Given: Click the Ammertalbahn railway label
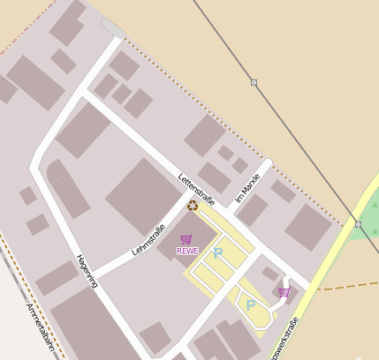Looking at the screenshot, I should [40, 327].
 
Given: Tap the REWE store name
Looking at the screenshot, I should [187, 251].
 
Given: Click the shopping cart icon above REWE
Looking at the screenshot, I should [186, 239].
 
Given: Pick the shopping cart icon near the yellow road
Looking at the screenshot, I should [284, 292].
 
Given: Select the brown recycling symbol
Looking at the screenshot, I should [193, 206].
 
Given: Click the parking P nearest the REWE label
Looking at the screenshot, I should [217, 253].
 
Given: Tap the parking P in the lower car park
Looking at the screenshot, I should [251, 305].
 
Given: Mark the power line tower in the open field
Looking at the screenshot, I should [254, 82].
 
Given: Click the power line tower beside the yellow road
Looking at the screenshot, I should [358, 224].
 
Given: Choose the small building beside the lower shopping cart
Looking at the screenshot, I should [269, 274].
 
